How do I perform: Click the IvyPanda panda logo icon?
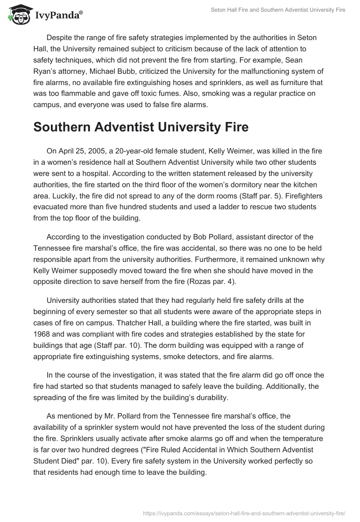tap(18, 15)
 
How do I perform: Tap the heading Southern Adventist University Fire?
tap(141, 127)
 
